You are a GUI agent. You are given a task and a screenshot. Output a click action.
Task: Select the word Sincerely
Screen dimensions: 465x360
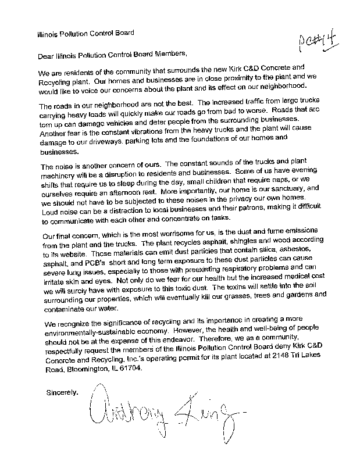point(62,392)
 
